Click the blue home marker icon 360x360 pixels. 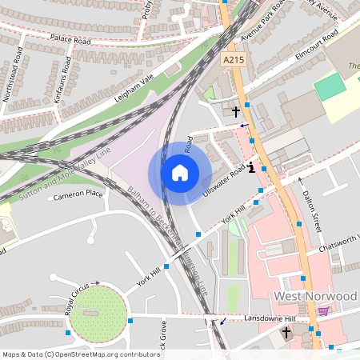pyautogui.click(x=179, y=173)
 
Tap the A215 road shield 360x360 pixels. pyautogui.click(x=233, y=60)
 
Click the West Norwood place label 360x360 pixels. pyautogui.click(x=315, y=296)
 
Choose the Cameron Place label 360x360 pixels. pyautogui.click(x=78, y=194)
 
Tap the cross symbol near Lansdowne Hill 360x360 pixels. pyautogui.click(x=286, y=330)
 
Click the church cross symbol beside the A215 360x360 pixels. pyautogui.click(x=236, y=111)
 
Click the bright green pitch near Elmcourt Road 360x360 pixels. pyautogui.click(x=330, y=86)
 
